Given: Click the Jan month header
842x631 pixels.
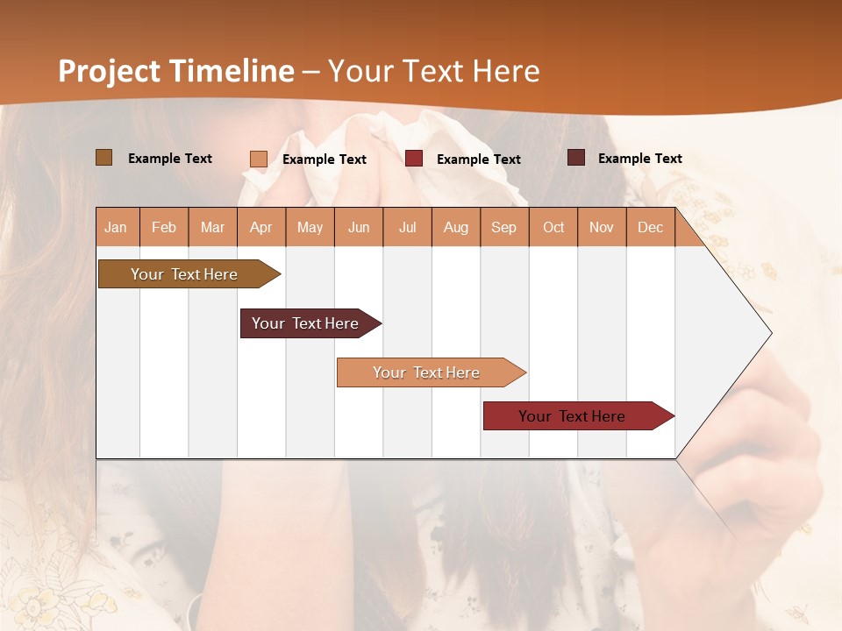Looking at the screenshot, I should coord(116,228).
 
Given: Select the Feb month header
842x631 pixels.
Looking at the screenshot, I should coord(164,228).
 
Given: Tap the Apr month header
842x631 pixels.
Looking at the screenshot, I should coord(260,228).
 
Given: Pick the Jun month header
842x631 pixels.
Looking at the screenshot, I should coord(359,228).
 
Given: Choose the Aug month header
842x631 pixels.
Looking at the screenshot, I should coord(456,228).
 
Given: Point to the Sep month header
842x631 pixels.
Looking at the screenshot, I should coord(503,228).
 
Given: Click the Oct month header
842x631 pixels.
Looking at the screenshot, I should coord(553,228).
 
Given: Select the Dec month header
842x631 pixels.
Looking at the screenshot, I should coord(650,228).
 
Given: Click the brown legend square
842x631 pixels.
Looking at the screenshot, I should coord(104,158).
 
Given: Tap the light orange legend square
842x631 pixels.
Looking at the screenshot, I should coord(259,159).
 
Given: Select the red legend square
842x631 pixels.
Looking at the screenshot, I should coord(414,159).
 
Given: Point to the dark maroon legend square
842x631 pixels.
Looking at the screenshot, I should coord(576,158).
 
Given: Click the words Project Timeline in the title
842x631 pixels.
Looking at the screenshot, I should coord(176,71).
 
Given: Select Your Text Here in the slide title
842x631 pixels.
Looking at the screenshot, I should coord(433,71).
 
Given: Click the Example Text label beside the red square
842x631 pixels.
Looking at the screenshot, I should coord(478,160).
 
